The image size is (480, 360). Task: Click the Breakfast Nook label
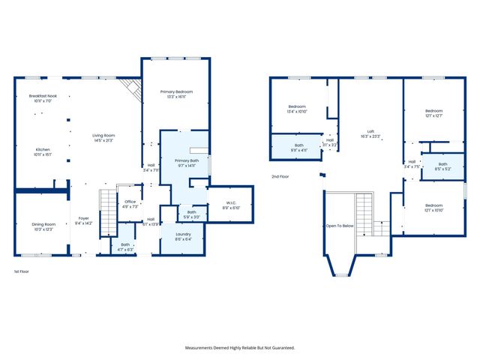coord(43,96)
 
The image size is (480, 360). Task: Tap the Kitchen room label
coord(43,150)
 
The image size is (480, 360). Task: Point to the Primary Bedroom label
coord(176,91)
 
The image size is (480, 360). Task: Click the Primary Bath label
coord(187,160)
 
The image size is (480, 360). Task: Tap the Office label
coord(130,202)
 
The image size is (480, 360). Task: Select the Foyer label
coord(83,218)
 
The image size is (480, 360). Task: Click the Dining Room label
coord(43,224)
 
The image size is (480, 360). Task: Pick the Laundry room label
coord(184,234)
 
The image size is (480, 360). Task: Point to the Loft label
coord(370,132)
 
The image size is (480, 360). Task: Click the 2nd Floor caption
coord(280,177)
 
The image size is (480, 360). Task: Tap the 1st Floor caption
coord(22,271)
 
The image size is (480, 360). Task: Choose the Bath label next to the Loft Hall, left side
coord(299,145)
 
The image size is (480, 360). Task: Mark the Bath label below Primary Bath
coord(192,212)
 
